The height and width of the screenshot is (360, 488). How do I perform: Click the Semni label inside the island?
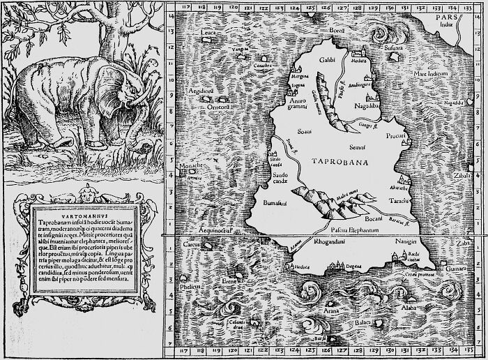point(358,149)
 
